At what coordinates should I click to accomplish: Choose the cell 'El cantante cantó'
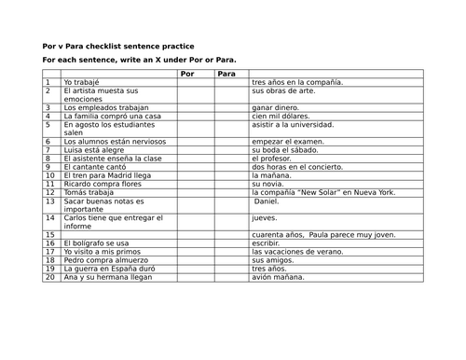[x=98, y=167]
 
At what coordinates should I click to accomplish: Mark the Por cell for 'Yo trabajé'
[x=195, y=82]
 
